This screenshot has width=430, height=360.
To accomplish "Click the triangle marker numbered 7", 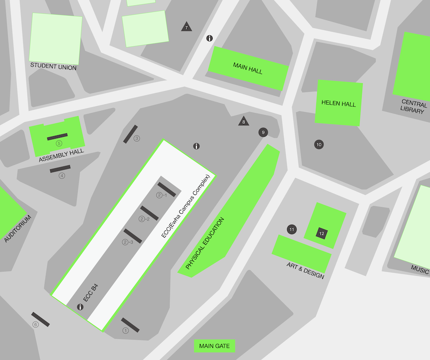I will click(186, 27).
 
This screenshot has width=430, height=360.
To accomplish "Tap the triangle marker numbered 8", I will click(244, 121).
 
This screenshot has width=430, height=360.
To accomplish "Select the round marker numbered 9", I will click(263, 132).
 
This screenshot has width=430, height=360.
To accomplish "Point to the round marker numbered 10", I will click(319, 144).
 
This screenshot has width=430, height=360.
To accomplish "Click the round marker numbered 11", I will click(292, 229).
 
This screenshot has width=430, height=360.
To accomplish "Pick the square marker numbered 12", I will click(322, 233).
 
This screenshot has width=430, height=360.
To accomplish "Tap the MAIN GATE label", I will click(215, 346).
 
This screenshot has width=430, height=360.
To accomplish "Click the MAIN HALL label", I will click(247, 68).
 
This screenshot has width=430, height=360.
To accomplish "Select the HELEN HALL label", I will click(338, 103).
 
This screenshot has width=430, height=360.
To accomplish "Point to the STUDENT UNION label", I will click(53, 67).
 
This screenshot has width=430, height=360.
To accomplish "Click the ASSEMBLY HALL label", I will click(61, 155).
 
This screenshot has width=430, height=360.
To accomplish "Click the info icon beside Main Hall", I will click(209, 38).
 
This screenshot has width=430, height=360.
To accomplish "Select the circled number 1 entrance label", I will click(126, 330).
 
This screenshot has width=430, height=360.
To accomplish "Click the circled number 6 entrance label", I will click(35, 325).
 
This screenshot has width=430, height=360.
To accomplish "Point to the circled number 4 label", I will click(62, 175).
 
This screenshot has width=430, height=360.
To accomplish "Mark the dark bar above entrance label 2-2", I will click(149, 213).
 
